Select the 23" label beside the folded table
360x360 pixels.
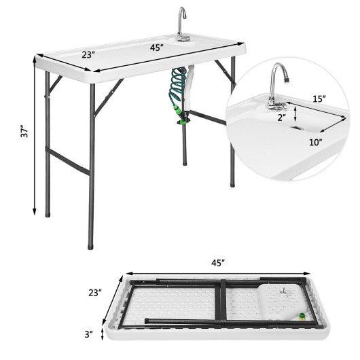tap(94, 293)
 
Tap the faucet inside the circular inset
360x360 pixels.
tap(278, 85)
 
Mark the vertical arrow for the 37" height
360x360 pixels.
tap(33, 136)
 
